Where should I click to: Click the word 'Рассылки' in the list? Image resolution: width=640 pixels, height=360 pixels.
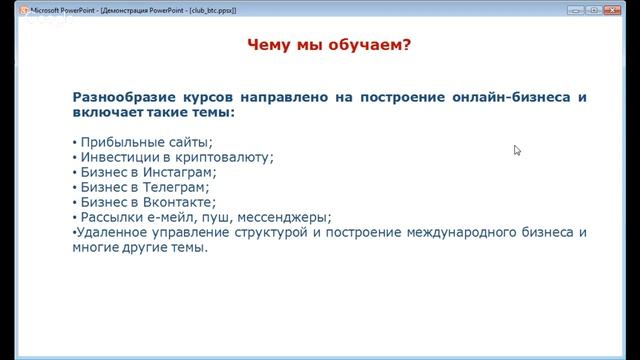pyautogui.click(x=110, y=216)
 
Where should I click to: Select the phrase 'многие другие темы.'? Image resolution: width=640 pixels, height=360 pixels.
pyautogui.click(x=140, y=247)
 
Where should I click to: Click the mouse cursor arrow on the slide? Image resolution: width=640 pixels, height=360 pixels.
pyautogui.click(x=517, y=150)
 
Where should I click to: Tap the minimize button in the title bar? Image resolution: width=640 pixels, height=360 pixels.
pyautogui.click(x=574, y=9)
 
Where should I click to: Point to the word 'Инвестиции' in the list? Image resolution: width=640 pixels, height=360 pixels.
pyautogui.click(x=116, y=156)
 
